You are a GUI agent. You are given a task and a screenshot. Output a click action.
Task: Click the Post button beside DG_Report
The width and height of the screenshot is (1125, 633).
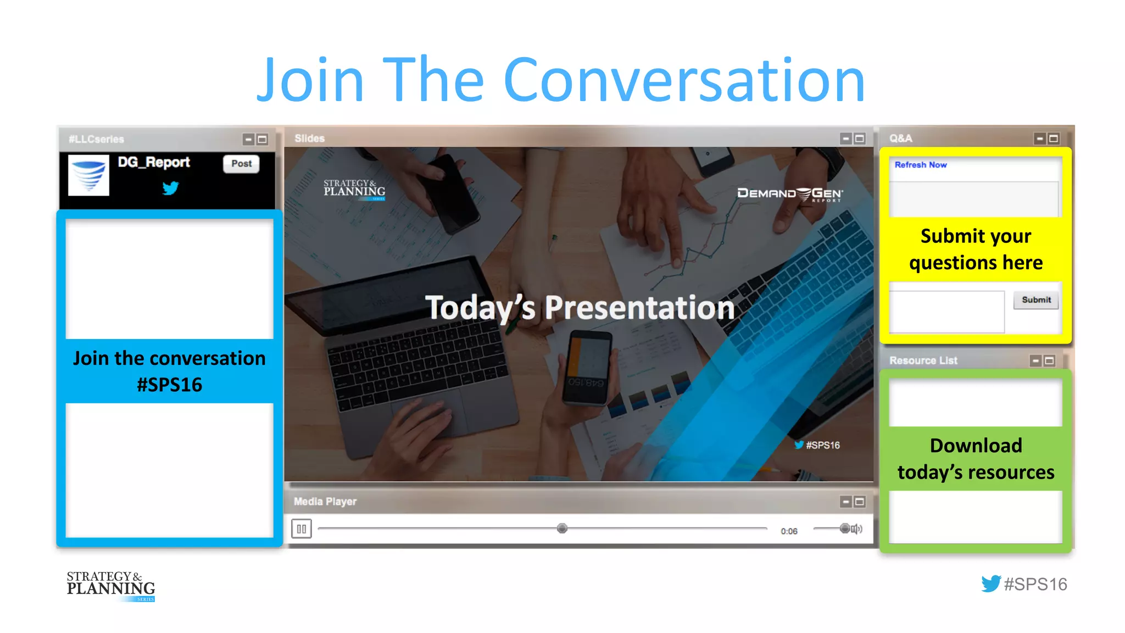pyautogui.click(x=241, y=164)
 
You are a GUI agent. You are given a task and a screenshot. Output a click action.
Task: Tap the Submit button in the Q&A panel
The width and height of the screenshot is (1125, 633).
pyautogui.click(x=1035, y=300)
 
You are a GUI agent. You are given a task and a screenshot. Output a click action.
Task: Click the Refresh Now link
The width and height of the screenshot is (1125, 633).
pyautogui.click(x=921, y=165)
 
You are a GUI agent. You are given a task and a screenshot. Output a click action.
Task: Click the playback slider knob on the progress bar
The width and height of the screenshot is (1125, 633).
pyautogui.click(x=562, y=529)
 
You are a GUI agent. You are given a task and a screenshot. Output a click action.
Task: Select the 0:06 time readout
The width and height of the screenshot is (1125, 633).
pyautogui.click(x=789, y=531)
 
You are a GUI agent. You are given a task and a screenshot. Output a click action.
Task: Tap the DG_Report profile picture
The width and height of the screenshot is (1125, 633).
pyautogui.click(x=88, y=175)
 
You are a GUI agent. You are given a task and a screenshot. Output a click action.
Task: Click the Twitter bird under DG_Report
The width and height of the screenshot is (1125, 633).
pyautogui.click(x=170, y=188)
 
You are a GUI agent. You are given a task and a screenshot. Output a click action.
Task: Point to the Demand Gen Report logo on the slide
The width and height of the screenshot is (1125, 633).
pyautogui.click(x=789, y=194)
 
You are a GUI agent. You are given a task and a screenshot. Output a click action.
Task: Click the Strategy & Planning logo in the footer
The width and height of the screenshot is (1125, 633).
pyautogui.click(x=111, y=586)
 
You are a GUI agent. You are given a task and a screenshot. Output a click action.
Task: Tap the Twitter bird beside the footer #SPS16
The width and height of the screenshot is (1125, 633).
pyautogui.click(x=991, y=584)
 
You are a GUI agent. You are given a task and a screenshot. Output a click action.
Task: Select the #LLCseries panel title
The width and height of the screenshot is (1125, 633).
pyautogui.click(x=97, y=140)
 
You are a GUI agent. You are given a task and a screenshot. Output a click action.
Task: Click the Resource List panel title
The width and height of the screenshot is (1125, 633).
pyautogui.click(x=923, y=361)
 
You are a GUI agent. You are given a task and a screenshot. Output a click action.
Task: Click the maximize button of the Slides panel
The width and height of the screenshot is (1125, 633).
pyautogui.click(x=860, y=139)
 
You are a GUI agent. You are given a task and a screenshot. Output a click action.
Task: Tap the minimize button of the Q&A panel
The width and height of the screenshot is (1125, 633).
pyautogui.click(x=1039, y=139)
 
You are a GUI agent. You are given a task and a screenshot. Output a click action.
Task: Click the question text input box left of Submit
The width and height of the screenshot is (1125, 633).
pyautogui.click(x=947, y=312)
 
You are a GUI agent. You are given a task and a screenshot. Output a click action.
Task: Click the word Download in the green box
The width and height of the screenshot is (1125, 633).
pyautogui.click(x=976, y=446)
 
